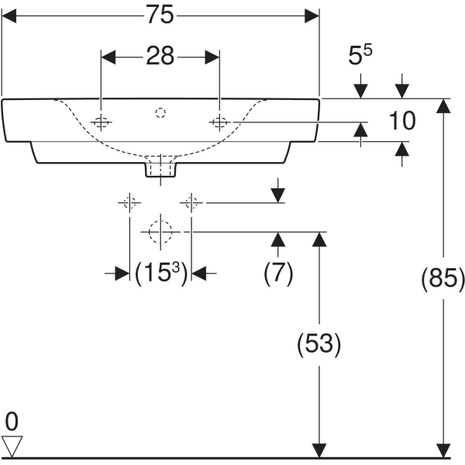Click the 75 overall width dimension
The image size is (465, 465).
pyautogui.click(x=160, y=15)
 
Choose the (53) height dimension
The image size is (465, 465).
pyautogui.click(x=319, y=343)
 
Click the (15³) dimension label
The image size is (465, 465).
pyautogui.click(x=160, y=273)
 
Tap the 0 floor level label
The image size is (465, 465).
pyautogui.click(x=11, y=422)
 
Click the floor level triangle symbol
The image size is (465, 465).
pyautogui.click(x=12, y=445)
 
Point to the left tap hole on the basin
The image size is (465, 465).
pyautogui.click(x=101, y=122)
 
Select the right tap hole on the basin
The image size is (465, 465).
pyautogui.click(x=220, y=122)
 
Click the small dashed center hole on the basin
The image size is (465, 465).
pyautogui.click(x=160, y=113)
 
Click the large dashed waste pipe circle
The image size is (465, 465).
pyautogui.click(x=160, y=231)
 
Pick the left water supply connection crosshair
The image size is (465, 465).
pyautogui.click(x=129, y=203)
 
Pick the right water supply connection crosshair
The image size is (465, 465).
pyautogui.click(x=191, y=203)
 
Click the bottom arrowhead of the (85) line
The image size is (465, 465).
pyautogui.click(x=443, y=450)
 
